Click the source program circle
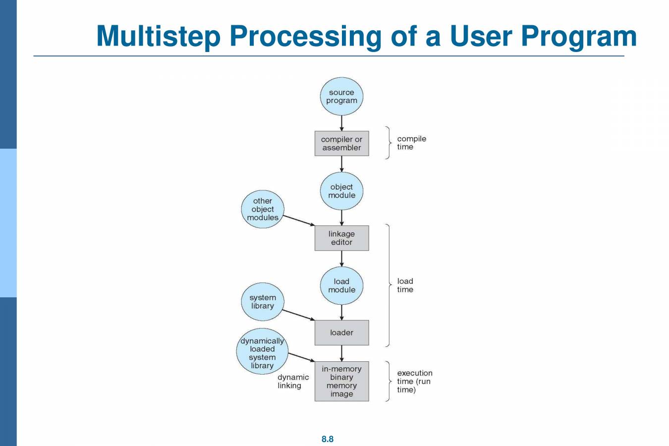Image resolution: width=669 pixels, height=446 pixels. coord(341,96)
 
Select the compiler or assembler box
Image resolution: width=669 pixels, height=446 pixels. coord(341,143)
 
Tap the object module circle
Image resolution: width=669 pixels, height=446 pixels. coord(341,191)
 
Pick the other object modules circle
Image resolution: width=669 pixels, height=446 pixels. coord(263,209)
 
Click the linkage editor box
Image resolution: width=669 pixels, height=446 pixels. coord(341,238)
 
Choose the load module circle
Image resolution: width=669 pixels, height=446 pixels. coord(341,285)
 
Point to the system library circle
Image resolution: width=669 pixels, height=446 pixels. coord(263,302)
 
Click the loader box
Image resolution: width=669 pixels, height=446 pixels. coord(341,333)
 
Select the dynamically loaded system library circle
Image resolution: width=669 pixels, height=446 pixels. coord(262,351)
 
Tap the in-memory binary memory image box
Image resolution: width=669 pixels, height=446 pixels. coord(341,381)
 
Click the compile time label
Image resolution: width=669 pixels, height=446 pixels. coord(411,143)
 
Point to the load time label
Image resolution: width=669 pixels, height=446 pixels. coord(405,285)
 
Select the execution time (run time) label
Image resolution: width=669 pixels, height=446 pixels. coord(415,381)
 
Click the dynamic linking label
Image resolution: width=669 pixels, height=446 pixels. coord(293,381)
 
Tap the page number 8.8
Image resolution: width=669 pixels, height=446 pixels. coord(328,439)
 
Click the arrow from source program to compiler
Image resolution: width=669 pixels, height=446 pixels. coord(341,123)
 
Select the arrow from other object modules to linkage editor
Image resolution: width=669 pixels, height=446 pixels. coord(299,221)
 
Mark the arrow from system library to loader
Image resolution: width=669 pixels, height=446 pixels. coord(298,315)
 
